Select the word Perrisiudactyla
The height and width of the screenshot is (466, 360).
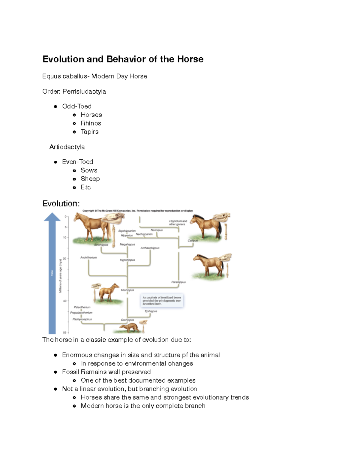pos(84,92)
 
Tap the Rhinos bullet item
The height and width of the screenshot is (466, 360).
pos(91,123)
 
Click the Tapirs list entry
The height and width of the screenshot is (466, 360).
pos(89,132)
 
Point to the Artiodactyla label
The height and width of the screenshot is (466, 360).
pos(67,147)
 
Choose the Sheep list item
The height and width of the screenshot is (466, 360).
pos(90,179)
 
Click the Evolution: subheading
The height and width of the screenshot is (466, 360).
pos(61,203)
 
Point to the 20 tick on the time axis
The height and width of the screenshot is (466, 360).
pos(64,258)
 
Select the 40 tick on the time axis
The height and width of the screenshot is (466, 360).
pos(64,301)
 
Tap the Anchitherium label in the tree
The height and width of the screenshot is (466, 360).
pos(88,257)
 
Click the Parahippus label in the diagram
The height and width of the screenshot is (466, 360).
pos(178,282)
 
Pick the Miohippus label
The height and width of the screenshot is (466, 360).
pos(127,290)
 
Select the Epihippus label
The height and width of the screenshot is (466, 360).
pos(151,311)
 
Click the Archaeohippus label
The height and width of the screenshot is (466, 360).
pos(150,248)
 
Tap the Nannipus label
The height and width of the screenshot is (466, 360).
pos(157,230)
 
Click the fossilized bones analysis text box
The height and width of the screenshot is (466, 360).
pos(162,301)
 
